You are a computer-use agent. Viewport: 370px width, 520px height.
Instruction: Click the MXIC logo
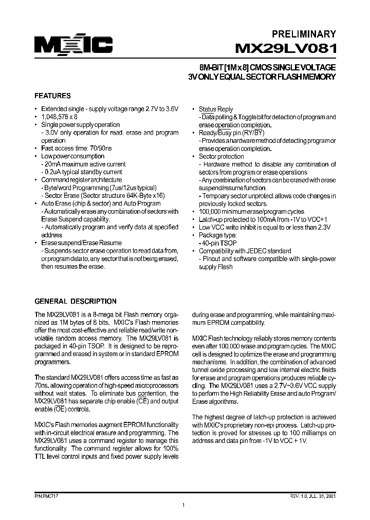(73, 46)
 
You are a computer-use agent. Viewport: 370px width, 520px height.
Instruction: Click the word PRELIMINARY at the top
(303, 34)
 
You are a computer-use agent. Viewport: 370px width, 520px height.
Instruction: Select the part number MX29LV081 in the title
(286, 49)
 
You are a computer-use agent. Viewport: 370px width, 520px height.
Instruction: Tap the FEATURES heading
(52, 96)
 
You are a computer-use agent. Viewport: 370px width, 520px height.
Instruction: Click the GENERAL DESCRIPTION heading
(75, 301)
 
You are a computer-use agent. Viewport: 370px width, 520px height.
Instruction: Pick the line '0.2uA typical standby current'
(83, 172)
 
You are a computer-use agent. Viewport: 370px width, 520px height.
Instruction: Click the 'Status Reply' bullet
(216, 109)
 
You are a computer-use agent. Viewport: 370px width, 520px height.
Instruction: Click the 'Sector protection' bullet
(221, 157)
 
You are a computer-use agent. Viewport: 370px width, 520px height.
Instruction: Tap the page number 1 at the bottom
(183, 506)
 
